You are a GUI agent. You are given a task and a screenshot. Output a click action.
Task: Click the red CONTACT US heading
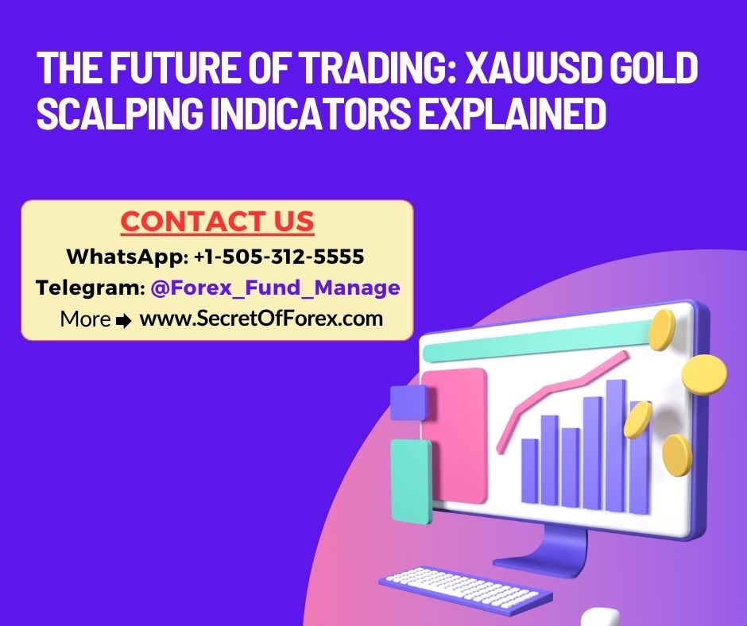[217, 222]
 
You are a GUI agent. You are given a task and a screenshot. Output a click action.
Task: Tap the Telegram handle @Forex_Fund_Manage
[275, 288]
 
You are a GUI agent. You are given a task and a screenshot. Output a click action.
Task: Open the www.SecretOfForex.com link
[261, 319]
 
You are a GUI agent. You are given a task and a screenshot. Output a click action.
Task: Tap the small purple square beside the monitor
[408, 402]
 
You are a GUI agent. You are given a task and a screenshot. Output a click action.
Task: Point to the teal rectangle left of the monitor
[411, 481]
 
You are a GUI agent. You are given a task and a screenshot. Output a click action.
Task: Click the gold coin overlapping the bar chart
[637, 419]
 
